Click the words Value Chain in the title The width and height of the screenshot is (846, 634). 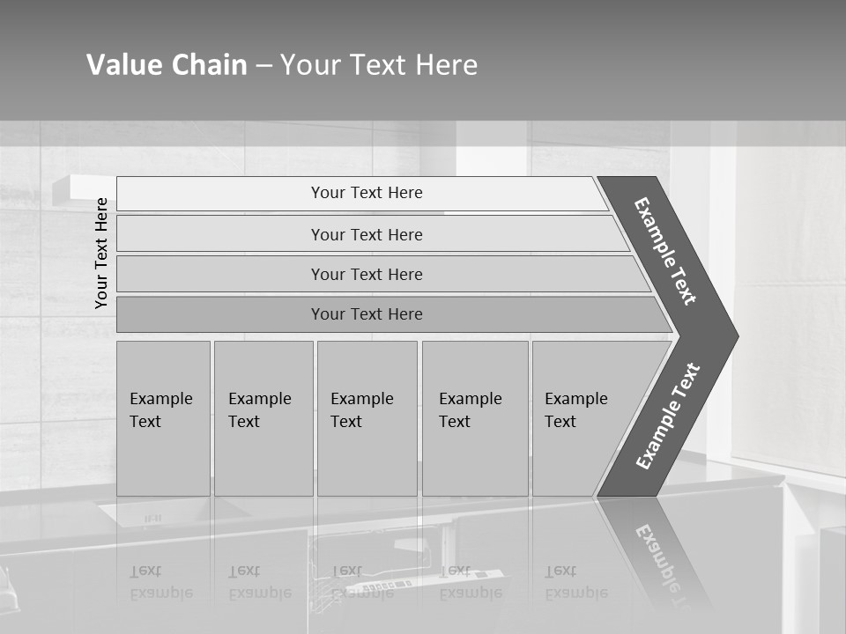click(167, 65)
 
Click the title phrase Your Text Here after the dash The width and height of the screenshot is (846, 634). click(379, 65)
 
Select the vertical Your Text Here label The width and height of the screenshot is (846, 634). click(101, 253)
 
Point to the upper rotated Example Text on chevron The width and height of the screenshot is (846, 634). click(665, 251)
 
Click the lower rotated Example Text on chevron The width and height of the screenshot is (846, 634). click(668, 416)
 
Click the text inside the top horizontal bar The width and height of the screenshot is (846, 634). click(367, 193)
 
